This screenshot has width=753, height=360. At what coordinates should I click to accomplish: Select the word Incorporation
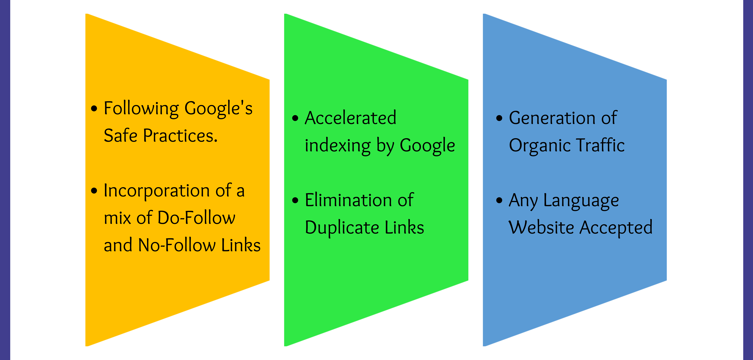tap(157, 191)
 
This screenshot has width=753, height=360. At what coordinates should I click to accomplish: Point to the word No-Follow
tap(177, 245)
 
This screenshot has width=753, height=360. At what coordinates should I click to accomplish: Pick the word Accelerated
tap(351, 118)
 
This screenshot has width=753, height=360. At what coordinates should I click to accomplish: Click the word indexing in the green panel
tap(338, 145)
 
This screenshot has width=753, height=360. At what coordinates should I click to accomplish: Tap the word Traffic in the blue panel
tap(601, 145)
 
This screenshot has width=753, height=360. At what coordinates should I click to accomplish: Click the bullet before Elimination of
tap(295, 200)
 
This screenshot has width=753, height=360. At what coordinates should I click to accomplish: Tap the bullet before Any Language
tap(499, 200)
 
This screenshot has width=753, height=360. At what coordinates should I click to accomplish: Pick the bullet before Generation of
tap(499, 118)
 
